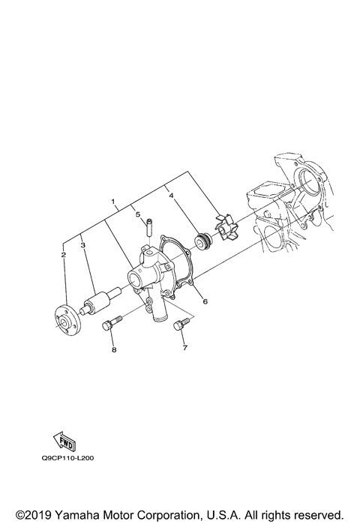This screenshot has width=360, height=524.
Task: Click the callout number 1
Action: (113, 203)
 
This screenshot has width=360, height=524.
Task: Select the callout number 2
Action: (64, 255)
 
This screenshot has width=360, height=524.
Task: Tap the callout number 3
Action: (82, 245)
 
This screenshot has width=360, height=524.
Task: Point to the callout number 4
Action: (172, 196)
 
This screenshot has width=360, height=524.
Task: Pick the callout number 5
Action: (138, 214)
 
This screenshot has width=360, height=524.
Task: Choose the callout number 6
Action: (205, 302)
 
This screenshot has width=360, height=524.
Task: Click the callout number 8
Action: (113, 349)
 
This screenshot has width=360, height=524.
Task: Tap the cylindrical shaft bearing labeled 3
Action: (100, 302)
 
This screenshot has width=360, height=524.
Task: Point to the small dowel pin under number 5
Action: (148, 225)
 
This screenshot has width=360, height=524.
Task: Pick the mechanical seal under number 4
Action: (202, 241)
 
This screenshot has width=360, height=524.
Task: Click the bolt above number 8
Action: (108, 326)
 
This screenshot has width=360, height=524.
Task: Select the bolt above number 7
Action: (180, 325)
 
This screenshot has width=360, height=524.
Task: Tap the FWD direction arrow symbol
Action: (64, 440)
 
